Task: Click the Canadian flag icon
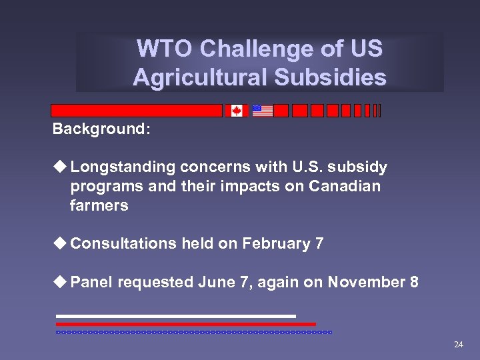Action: pos(236,111)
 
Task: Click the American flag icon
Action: pos(262,111)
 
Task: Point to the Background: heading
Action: pos(101,128)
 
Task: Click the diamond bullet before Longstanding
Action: pos(61,167)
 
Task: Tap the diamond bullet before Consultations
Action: pos(61,244)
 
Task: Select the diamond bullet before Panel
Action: pos(61,283)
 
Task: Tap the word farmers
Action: pos(99,205)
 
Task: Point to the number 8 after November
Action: pos(414,283)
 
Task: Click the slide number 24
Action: pos(458,345)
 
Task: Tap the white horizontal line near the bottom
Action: pos(175,316)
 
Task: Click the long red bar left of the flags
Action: pos(137,111)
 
